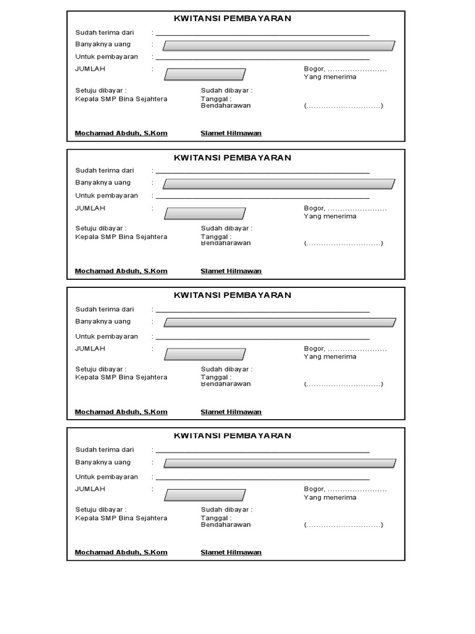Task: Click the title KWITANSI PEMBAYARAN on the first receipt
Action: click(233, 19)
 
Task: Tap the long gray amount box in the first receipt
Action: click(278, 45)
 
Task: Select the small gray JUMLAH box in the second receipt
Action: click(205, 214)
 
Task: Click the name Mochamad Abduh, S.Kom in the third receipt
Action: click(121, 412)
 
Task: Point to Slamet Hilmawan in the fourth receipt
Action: click(231, 552)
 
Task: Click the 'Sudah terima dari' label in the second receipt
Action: click(105, 170)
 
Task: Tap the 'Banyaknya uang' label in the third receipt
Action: click(103, 321)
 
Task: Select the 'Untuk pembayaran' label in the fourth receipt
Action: click(106, 477)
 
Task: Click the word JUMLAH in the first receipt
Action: click(90, 69)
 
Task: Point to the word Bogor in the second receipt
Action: click(314, 208)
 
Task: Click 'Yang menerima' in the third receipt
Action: click(330, 357)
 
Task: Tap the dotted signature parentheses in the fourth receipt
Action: click(343, 524)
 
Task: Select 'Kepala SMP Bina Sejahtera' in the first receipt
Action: click(121, 98)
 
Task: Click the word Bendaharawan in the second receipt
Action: click(226, 243)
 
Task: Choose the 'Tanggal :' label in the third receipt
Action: click(216, 376)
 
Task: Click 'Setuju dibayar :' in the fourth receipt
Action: click(101, 510)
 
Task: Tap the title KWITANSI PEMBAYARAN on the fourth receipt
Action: click(233, 435)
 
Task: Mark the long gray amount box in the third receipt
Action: click(280, 323)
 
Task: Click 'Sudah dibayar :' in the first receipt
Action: click(226, 90)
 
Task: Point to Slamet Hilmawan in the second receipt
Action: click(231, 271)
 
